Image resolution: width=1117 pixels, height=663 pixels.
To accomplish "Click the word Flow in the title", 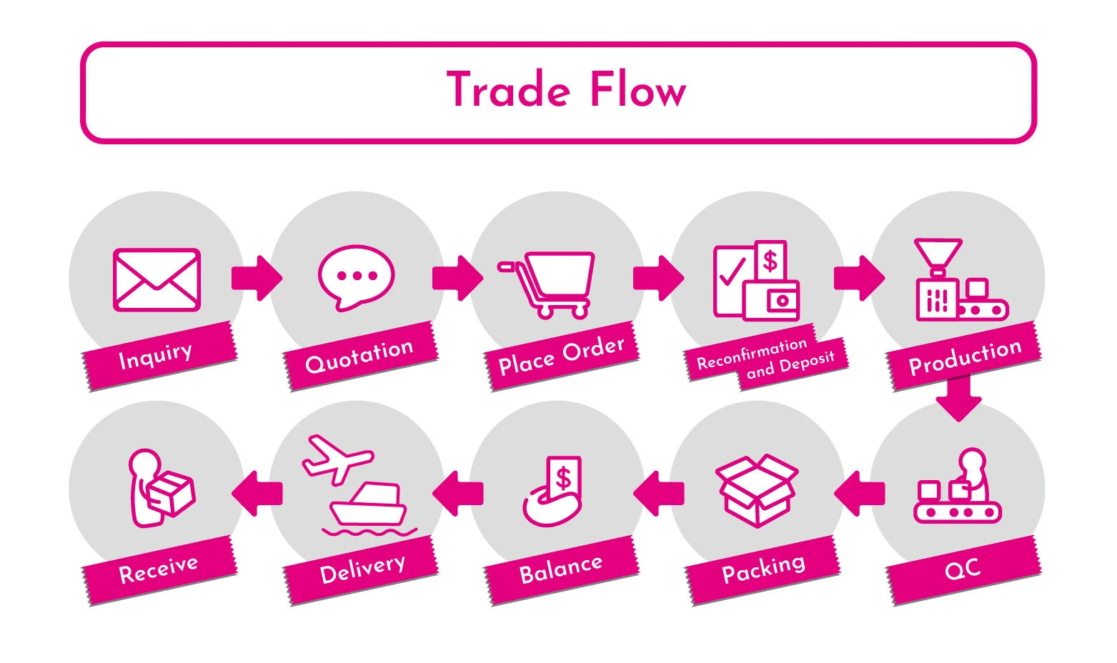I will [x=637, y=91].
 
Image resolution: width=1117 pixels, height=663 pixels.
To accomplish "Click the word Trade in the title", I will [x=509, y=91].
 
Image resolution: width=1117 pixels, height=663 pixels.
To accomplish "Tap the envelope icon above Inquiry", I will [x=157, y=280].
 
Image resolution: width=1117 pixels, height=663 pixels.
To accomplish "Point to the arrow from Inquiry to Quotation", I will [x=257, y=278].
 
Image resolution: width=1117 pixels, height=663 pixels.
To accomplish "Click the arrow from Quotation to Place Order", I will [x=457, y=278].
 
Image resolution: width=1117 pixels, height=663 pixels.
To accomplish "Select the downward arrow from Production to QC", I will [x=958, y=398].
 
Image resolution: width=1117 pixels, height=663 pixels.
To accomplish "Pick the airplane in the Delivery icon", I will [x=336, y=458].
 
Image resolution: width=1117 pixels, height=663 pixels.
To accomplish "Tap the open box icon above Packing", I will [x=757, y=490].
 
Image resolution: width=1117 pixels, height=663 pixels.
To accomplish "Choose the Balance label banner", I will [x=561, y=569].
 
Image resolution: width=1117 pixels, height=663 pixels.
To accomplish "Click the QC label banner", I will [x=963, y=569].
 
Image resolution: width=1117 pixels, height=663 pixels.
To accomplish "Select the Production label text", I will [x=965, y=356].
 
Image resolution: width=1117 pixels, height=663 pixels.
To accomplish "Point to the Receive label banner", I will [x=159, y=570].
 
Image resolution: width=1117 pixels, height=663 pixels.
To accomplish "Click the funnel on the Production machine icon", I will [x=938, y=252].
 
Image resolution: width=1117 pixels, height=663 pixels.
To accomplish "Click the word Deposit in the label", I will [x=806, y=364].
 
